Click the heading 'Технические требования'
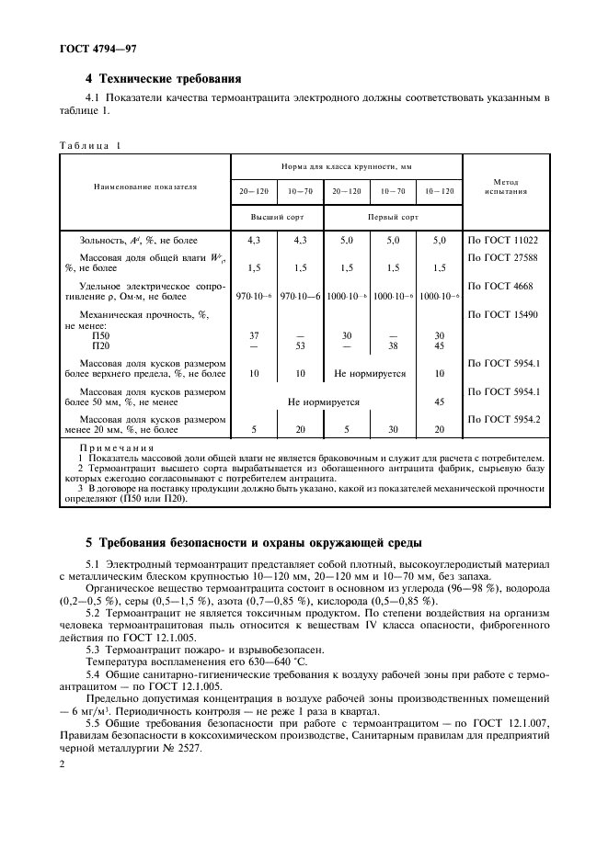171,78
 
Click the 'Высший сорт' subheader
274,218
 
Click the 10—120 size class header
435,191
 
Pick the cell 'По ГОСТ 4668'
501,287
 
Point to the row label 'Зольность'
104,240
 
